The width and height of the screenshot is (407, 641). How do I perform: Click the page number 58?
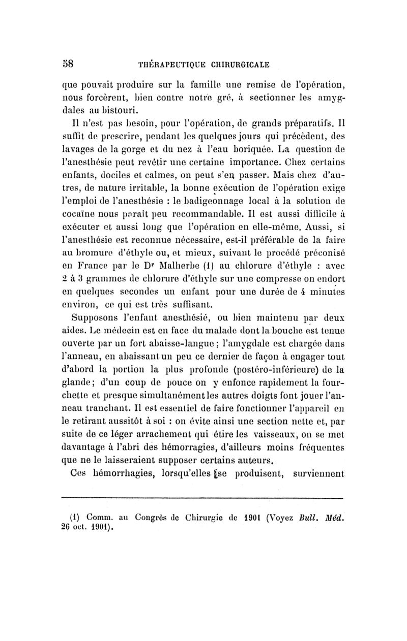[x=68, y=64]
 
